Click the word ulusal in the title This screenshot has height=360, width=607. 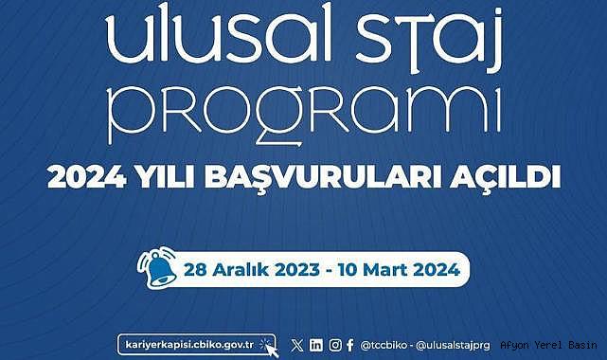tap(219, 33)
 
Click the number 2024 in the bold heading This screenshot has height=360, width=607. tap(87, 177)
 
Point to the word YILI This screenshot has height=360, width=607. tap(166, 177)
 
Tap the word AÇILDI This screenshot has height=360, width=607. tap(505, 178)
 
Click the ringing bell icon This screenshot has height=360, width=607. tap(157, 267)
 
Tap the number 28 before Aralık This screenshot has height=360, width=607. tap(195, 270)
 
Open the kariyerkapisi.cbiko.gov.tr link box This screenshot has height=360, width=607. tap(197, 345)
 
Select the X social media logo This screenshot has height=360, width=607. tap(297, 345)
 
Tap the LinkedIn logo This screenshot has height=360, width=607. tap(316, 345)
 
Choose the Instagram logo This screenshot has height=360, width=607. tap(335, 345)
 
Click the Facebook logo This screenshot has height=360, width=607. tap(350, 345)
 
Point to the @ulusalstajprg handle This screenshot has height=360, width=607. tap(453, 345)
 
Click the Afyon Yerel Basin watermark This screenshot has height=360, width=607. tap(548, 345)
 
